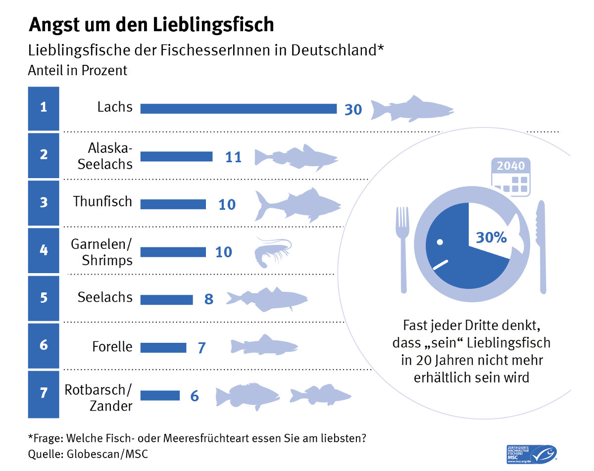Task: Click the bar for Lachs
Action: click(x=238, y=108)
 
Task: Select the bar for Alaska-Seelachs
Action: click(x=176, y=156)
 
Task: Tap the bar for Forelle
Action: click(x=163, y=347)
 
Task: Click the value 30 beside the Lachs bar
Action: click(x=353, y=109)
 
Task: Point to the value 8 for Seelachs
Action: click(x=209, y=299)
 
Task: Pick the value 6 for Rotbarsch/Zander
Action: click(x=195, y=396)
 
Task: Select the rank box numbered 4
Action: click(x=44, y=251)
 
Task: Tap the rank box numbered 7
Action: click(x=44, y=394)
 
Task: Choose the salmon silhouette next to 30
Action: click(x=412, y=109)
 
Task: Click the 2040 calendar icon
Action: click(x=511, y=175)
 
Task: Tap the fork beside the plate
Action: click(x=402, y=247)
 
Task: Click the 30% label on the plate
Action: click(x=491, y=237)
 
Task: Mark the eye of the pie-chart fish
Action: click(x=439, y=242)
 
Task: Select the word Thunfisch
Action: click(x=103, y=202)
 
